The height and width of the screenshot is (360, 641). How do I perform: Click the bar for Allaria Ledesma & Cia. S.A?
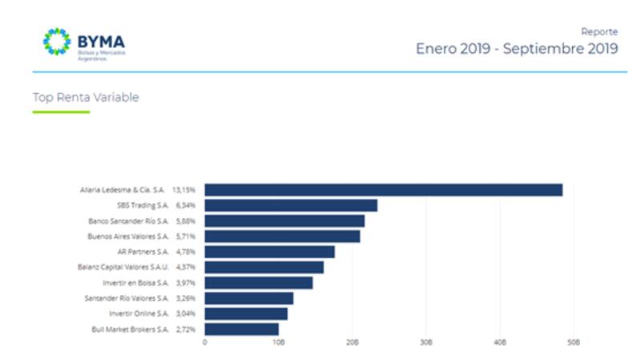[383, 190]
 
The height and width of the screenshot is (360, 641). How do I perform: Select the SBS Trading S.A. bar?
[291, 205]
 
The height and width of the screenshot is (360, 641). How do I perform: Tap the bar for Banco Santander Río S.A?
[284, 220]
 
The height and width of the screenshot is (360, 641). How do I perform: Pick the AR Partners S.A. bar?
[269, 252]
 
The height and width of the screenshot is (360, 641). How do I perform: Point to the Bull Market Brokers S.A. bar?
[241, 329]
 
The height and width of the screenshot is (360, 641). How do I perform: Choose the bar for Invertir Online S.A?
[246, 313]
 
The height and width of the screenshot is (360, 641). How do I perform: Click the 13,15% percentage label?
[185, 190]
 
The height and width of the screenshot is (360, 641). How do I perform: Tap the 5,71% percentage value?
[185, 237]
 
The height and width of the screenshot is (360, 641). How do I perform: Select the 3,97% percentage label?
[185, 283]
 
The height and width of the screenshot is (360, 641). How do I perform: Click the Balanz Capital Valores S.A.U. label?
[123, 267]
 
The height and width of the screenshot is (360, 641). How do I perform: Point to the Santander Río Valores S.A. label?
[128, 298]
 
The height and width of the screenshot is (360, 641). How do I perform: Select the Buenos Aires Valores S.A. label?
[128, 237]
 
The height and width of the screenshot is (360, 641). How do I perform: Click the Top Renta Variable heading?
[86, 98]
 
